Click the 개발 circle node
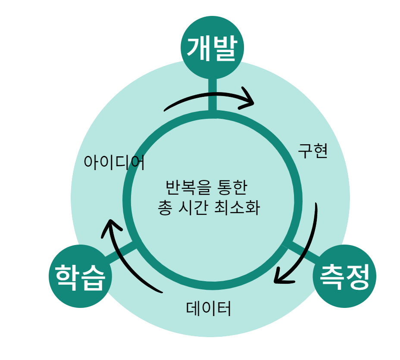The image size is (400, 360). click(x=212, y=48)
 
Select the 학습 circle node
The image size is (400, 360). click(x=81, y=276)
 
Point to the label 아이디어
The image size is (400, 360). click(x=114, y=162)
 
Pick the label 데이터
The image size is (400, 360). click(x=209, y=308)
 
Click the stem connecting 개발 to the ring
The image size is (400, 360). click(x=212, y=95)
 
